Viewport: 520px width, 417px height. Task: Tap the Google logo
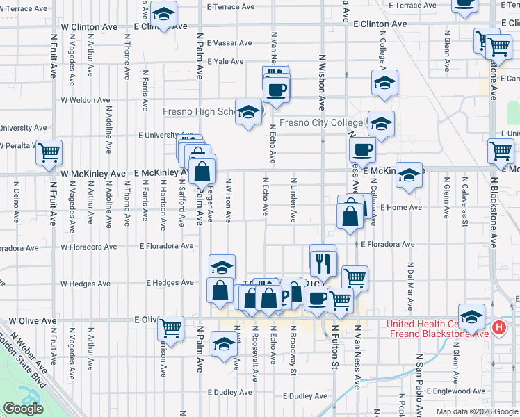[23, 409]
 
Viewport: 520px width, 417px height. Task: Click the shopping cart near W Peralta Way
[49, 152]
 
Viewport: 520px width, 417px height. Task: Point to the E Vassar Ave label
[225, 42]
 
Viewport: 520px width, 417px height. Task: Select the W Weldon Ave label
[87, 100]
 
